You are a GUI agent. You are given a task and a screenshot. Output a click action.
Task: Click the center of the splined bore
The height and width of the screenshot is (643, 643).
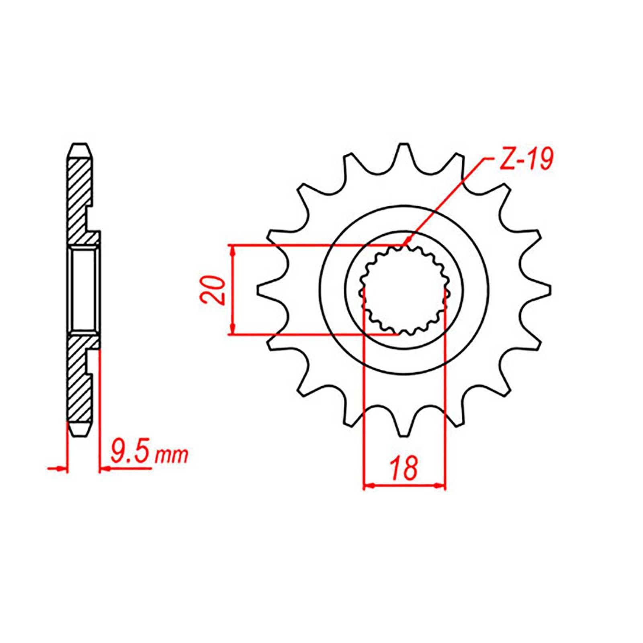coord(404,290)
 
